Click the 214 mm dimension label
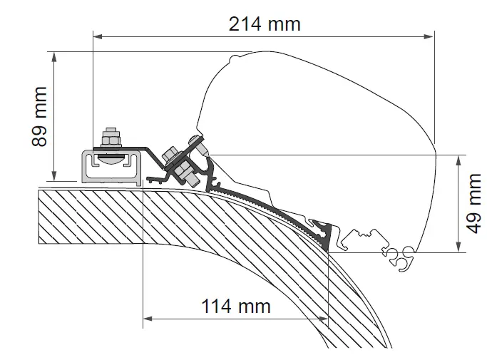[x=265, y=23]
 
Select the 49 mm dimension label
[x=473, y=203]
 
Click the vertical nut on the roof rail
[x=111, y=135]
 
